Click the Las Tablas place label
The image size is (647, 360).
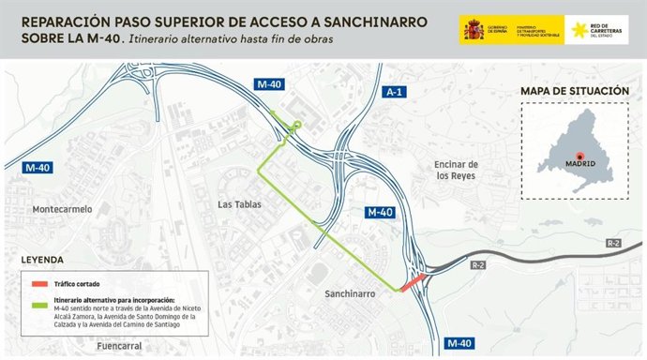tap(238, 203)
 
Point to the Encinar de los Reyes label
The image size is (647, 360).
tap(457, 170)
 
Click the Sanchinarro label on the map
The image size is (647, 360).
tap(351, 293)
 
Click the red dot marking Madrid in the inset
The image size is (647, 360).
tap(579, 156)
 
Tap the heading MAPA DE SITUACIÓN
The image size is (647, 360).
tap(574, 91)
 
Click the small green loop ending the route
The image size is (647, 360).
tap(297, 125)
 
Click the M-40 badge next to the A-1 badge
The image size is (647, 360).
tap(268, 84)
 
